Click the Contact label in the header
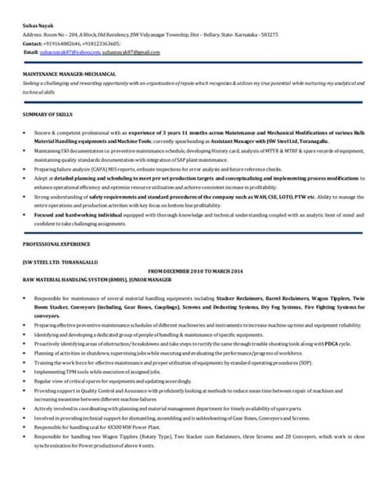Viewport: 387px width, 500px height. point(35,43)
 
